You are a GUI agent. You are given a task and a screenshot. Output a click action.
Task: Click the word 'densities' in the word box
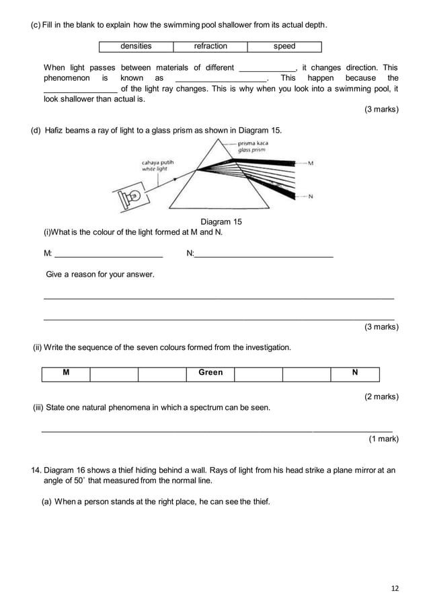pos(136,46)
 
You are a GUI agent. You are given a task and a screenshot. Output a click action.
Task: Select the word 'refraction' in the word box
pos(210,46)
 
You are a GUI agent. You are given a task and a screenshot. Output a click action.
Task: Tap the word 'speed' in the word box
pos(284,46)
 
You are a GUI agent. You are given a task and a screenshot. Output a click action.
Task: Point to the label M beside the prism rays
pos(310,164)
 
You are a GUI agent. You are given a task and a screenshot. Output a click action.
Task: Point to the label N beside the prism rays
pos(310,197)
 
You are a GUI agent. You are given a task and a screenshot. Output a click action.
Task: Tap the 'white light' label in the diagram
pos(153,169)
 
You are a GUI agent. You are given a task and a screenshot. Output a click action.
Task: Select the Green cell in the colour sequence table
pos(210,373)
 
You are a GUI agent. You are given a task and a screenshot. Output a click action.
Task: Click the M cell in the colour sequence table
pos(66,373)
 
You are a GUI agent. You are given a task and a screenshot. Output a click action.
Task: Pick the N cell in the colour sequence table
pos(355,373)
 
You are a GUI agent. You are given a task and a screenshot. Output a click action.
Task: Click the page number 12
pos(394,589)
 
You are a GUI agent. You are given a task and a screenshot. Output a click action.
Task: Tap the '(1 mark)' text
pos(383,439)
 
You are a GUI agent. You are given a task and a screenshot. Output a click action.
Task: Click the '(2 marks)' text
pos(381,396)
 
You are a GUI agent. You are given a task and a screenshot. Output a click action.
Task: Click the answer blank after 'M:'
pos(108,254)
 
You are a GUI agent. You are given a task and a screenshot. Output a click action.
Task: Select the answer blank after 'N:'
pos(264,254)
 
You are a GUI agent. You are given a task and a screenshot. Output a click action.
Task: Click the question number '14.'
pos(38,470)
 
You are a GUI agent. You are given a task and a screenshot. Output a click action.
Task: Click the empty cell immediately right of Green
pos(258,373)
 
